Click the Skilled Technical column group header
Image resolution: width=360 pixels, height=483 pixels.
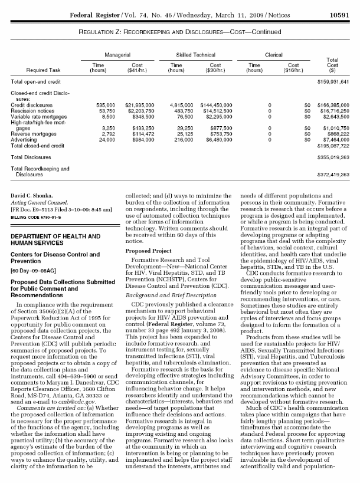(189, 53)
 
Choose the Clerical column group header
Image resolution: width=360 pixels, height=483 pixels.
(270, 53)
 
